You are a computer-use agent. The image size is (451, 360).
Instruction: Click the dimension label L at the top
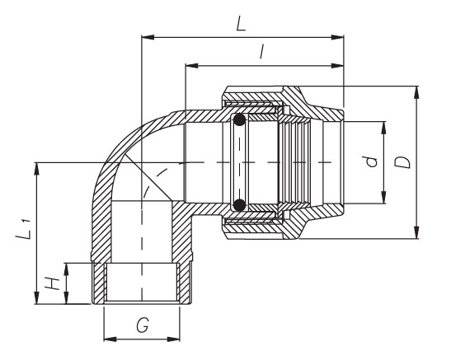pyautogui.click(x=241, y=24)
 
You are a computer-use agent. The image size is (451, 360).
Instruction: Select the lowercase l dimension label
pyautogui.click(x=261, y=52)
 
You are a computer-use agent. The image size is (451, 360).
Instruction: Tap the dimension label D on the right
pyautogui.click(x=402, y=162)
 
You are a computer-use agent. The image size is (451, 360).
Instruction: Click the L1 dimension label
pyautogui.click(x=24, y=229)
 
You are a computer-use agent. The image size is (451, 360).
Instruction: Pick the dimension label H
pyautogui.click(x=52, y=283)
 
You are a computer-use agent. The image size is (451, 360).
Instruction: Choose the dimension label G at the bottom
pyautogui.click(x=143, y=325)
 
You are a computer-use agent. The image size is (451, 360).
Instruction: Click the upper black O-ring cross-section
pyautogui.click(x=239, y=119)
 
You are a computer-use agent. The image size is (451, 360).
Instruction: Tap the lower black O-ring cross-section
pyautogui.click(x=239, y=204)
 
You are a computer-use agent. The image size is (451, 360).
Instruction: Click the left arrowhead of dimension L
pyautogui.click(x=148, y=37)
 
